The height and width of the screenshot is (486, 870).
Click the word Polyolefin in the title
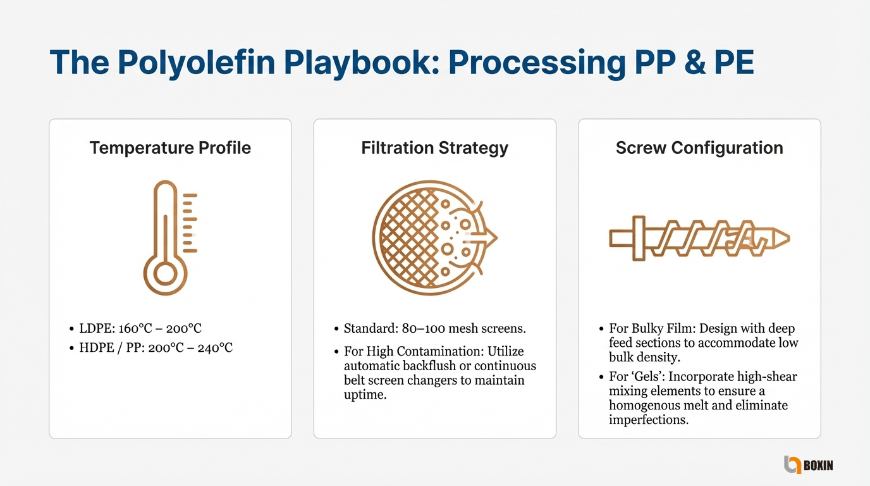coord(196,63)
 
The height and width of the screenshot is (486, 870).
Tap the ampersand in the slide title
coord(694,63)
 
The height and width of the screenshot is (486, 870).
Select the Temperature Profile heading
coord(170,147)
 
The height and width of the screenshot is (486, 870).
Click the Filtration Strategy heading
coord(434,148)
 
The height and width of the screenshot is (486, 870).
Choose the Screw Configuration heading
coord(699,148)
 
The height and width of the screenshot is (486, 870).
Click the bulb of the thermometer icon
coord(166,273)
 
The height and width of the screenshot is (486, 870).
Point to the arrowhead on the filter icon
coord(490,237)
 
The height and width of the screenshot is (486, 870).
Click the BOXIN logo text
coord(818,465)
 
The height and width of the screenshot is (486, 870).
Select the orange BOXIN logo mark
coord(792,464)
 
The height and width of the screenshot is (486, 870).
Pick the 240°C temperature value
coord(215,347)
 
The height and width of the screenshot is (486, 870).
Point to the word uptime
coord(365,395)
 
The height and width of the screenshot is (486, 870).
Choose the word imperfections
coord(649,420)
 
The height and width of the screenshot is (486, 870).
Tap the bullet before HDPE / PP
coord(71,348)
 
